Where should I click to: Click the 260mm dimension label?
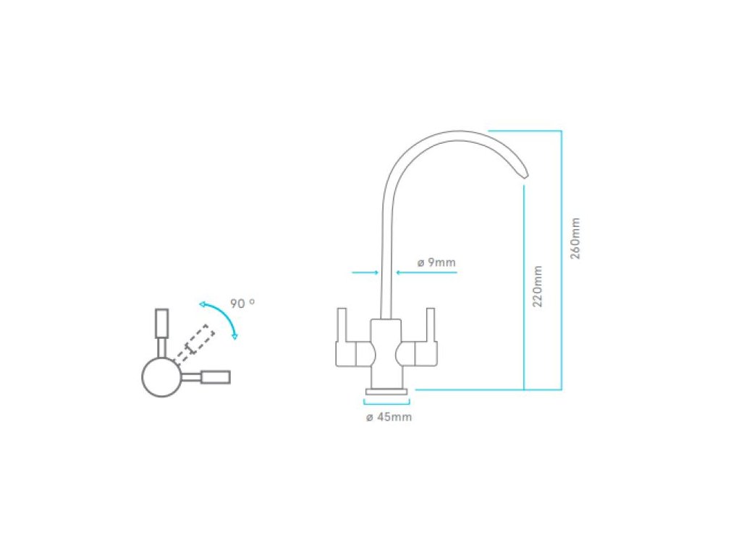point(575,238)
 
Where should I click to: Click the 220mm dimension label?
point(538,286)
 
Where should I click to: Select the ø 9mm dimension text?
point(436,262)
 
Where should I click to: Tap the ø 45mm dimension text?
point(389,418)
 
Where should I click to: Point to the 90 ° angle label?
point(242,304)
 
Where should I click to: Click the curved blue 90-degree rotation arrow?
point(221,316)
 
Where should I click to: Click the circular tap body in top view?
point(161,377)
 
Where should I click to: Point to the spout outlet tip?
point(524,174)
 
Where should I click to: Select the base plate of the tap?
point(388,391)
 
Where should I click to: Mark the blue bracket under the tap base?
point(388,403)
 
